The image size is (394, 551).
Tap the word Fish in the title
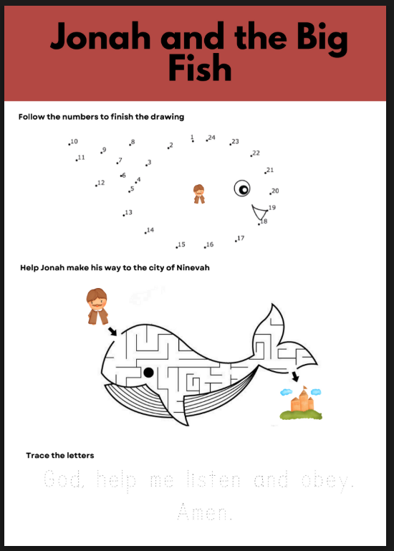(x=200, y=70)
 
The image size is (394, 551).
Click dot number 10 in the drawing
(x=69, y=144)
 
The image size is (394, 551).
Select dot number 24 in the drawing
(x=206, y=140)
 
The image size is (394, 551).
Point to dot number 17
(x=236, y=240)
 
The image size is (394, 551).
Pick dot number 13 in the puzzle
(x=123, y=214)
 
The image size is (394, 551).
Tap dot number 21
(x=265, y=172)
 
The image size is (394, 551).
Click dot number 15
(x=176, y=246)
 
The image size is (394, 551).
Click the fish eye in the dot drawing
(x=243, y=188)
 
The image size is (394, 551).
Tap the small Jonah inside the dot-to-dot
(x=199, y=193)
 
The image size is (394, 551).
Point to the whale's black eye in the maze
(x=148, y=372)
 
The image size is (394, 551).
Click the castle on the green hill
(x=302, y=401)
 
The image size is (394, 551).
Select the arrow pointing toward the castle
(x=295, y=376)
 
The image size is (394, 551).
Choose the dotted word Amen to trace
(x=207, y=512)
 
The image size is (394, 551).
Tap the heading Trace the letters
(x=59, y=455)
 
